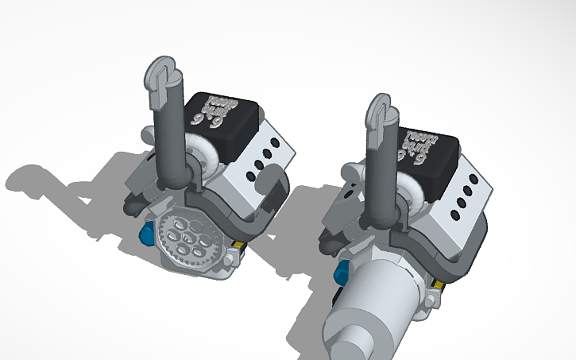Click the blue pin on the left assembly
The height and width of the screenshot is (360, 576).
[x=146, y=234]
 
